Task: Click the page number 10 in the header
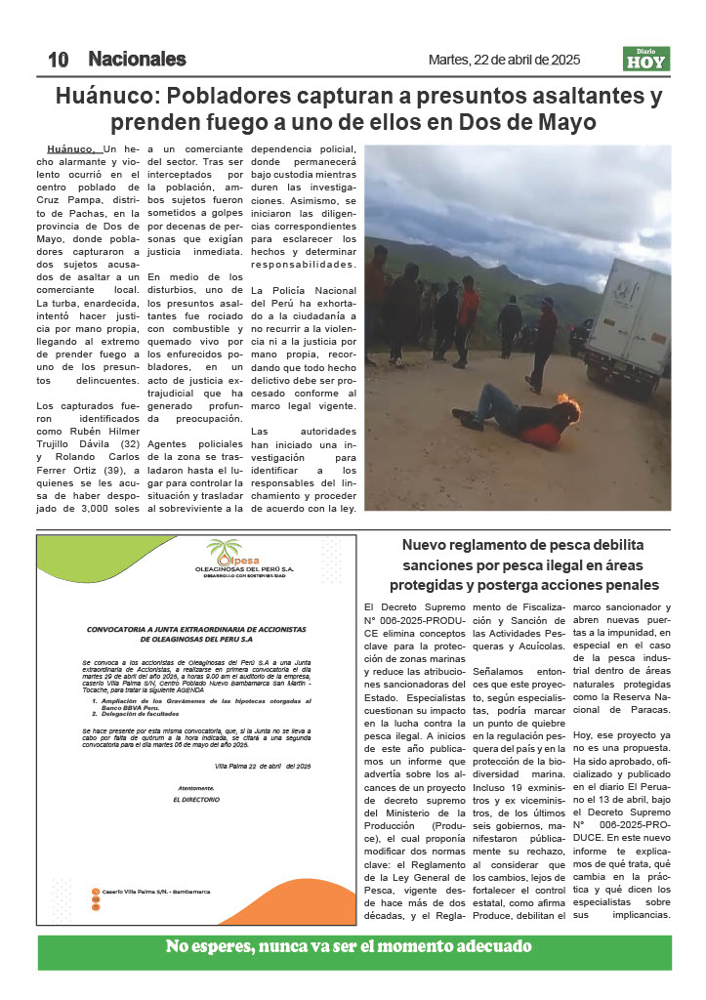(58, 60)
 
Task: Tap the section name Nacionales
(137, 60)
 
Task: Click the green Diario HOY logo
(646, 60)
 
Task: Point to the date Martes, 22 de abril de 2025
(504, 60)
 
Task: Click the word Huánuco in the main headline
(105, 97)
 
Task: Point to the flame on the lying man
(564, 399)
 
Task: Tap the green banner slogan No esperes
(349, 946)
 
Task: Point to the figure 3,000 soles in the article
(109, 508)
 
